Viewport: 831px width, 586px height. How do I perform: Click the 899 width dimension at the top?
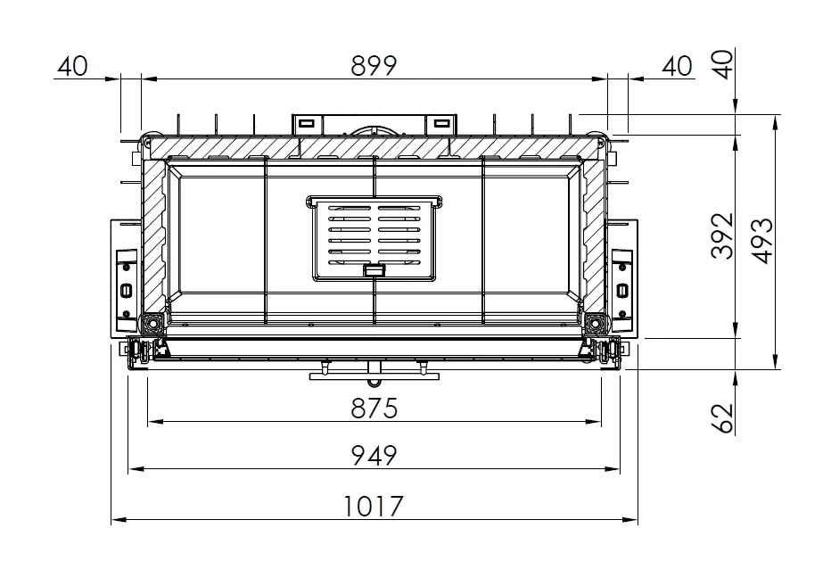pos(373,65)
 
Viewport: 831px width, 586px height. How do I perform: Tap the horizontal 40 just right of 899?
pos(677,66)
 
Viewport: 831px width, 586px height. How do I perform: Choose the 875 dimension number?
pos(373,409)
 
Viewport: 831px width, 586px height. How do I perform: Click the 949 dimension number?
pos(373,456)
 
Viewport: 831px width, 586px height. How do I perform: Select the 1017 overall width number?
pos(373,507)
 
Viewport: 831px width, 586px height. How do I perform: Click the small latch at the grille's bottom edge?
pos(374,270)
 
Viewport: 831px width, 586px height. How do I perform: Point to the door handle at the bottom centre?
pos(374,373)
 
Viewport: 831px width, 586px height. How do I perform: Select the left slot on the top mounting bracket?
pos(305,123)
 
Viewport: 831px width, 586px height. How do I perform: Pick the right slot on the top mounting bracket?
pos(440,123)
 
